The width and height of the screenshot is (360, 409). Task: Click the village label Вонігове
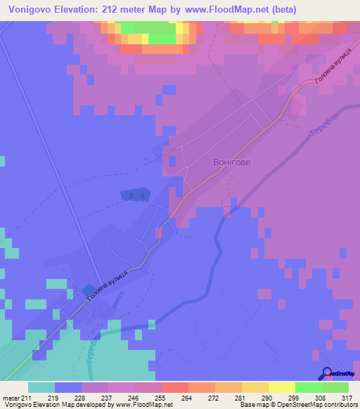(x=231, y=162)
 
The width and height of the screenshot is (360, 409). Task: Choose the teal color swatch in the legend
(x=41, y=387)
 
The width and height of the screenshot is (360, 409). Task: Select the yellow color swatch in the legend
(x=281, y=387)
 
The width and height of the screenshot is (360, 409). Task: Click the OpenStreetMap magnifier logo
(x=327, y=373)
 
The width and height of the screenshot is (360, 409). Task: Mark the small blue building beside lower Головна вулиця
(x=87, y=291)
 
